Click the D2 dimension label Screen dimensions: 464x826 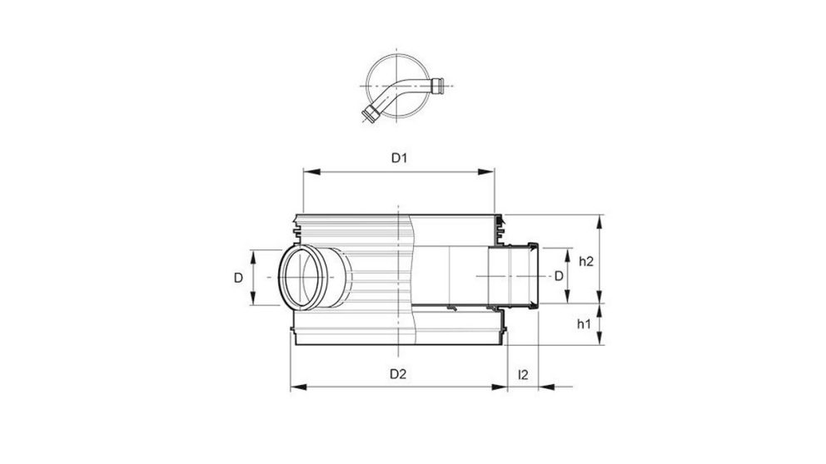tap(398, 373)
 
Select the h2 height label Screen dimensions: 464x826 tap(585, 260)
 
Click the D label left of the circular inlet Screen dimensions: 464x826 tap(239, 278)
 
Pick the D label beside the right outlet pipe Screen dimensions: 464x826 tap(559, 275)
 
